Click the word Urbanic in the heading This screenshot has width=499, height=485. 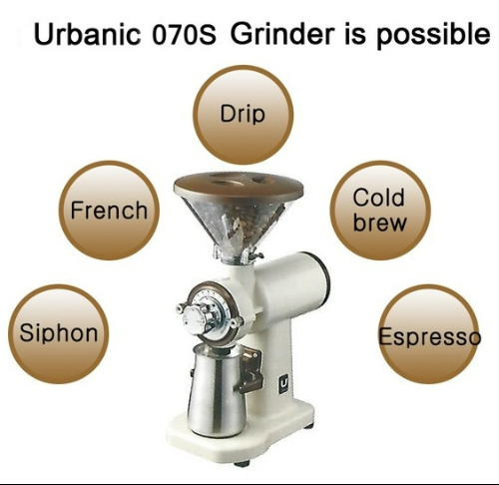pos(87,34)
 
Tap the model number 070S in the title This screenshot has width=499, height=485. pos(184,35)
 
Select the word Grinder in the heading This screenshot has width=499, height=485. pos(282,34)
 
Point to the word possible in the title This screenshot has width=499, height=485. pos(433,36)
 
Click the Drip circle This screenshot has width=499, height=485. pos(244,115)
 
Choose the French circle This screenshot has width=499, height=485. pos(109,211)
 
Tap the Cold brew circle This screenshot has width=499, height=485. pos(380,211)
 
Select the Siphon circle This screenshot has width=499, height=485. pos(59,333)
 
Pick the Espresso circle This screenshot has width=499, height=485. pos(429,333)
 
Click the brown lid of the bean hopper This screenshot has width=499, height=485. pos(239,186)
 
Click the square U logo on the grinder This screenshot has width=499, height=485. pos(284,384)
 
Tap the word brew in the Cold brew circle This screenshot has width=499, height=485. pos(379,222)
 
